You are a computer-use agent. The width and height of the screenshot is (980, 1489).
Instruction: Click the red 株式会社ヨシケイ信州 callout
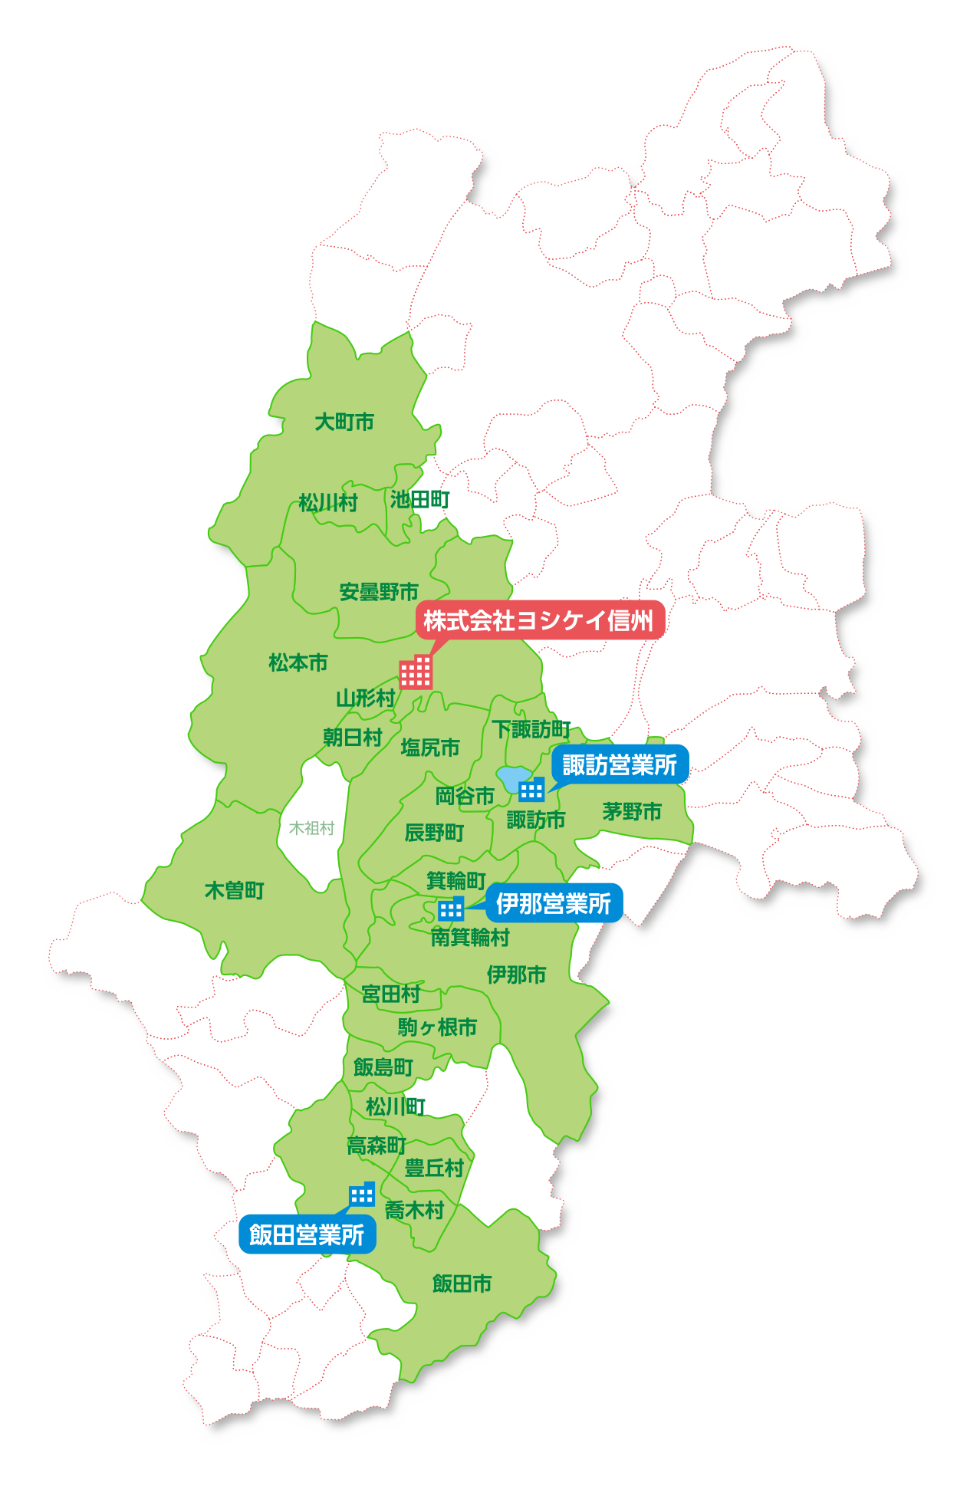(x=539, y=620)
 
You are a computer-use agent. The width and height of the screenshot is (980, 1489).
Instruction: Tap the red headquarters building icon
(x=416, y=672)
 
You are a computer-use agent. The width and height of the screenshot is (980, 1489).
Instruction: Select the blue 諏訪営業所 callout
(x=620, y=764)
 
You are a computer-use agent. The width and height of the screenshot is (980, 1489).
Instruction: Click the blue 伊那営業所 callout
(x=553, y=904)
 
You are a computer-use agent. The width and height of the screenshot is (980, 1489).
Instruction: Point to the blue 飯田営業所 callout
(x=307, y=1234)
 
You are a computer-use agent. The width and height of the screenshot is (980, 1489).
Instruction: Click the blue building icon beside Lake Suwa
(x=531, y=789)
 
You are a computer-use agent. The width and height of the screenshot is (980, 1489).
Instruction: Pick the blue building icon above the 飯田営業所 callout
(x=362, y=1194)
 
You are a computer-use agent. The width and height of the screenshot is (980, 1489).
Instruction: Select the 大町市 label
(x=344, y=422)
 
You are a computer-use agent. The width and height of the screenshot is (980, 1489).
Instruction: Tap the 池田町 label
(x=419, y=500)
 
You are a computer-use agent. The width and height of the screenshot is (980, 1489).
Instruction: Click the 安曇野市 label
(x=379, y=592)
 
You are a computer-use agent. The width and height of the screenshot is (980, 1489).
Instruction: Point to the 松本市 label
(x=298, y=662)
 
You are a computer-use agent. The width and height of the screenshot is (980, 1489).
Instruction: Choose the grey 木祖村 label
(x=311, y=828)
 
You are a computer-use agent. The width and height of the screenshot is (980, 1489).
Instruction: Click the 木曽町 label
(x=235, y=890)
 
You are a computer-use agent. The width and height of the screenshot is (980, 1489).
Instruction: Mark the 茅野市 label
(x=632, y=811)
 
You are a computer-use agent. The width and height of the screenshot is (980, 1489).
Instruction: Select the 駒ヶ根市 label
(x=437, y=1027)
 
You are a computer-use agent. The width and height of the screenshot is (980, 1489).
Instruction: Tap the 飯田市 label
(x=462, y=1283)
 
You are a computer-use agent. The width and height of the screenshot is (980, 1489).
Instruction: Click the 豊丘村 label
(x=434, y=1168)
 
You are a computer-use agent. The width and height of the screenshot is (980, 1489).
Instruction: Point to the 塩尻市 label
(x=430, y=747)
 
